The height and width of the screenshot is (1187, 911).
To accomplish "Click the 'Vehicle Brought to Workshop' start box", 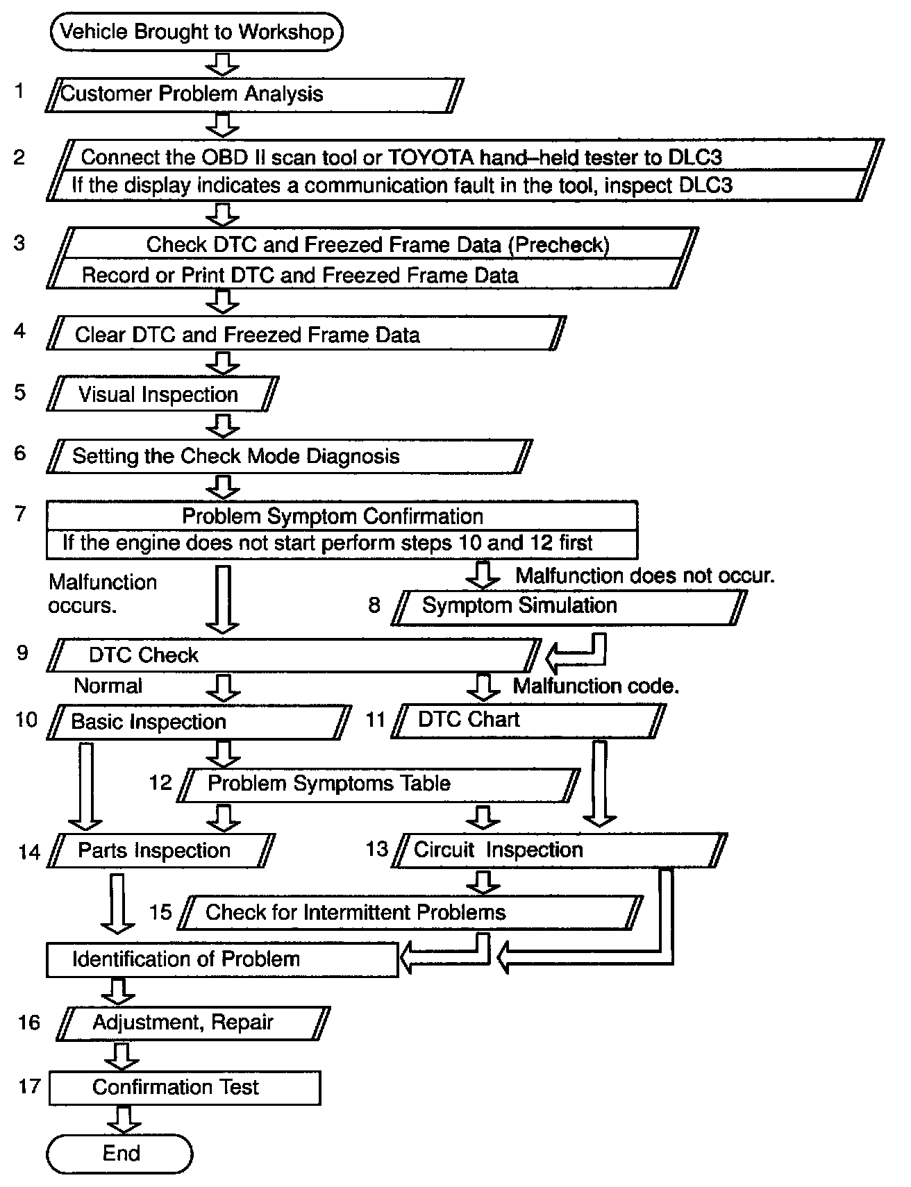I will [197, 32].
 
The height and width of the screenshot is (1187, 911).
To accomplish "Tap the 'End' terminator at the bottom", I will [119, 1153].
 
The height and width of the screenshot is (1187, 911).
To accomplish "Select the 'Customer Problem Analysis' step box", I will [254, 94].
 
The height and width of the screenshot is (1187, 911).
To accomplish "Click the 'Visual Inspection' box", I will [162, 394].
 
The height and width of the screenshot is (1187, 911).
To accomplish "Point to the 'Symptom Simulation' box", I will [568, 606].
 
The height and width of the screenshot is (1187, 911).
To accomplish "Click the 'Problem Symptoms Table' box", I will [379, 784].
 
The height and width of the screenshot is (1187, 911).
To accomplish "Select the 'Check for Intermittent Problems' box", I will [410, 912].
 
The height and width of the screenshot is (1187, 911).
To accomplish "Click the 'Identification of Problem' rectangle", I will [222, 959].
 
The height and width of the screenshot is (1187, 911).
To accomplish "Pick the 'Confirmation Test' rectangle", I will [185, 1087].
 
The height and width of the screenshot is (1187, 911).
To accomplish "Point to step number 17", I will [29, 1086].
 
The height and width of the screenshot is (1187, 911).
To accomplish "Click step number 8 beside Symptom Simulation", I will [374, 605].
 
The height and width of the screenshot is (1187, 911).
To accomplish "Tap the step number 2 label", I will [19, 158].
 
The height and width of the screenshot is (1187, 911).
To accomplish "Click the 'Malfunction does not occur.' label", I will [645, 575].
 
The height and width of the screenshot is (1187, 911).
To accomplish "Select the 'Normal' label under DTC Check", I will [108, 686].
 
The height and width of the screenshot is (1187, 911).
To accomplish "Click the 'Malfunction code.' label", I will [596, 687].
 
